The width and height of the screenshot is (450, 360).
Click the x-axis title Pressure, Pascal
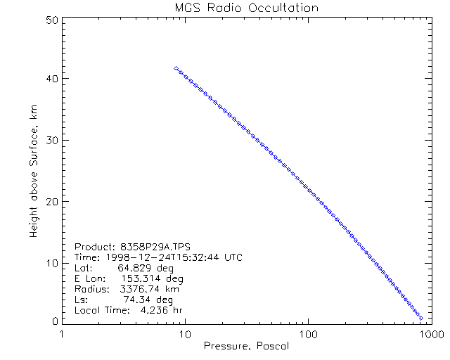pyautogui.click(x=246, y=347)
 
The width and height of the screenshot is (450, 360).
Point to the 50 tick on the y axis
pyautogui.click(x=50, y=20)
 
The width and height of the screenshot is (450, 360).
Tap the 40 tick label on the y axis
pyautogui.click(x=50, y=79)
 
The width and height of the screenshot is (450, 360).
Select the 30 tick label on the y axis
pyautogui.click(x=50, y=140)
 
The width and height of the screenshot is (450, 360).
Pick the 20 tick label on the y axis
pyautogui.click(x=50, y=201)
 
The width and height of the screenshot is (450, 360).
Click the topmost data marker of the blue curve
pyautogui.click(x=176, y=68)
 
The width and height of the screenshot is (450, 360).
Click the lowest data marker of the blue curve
pyautogui.click(x=420, y=318)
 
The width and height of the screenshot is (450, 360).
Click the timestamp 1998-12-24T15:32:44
pyautogui.click(x=164, y=257)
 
